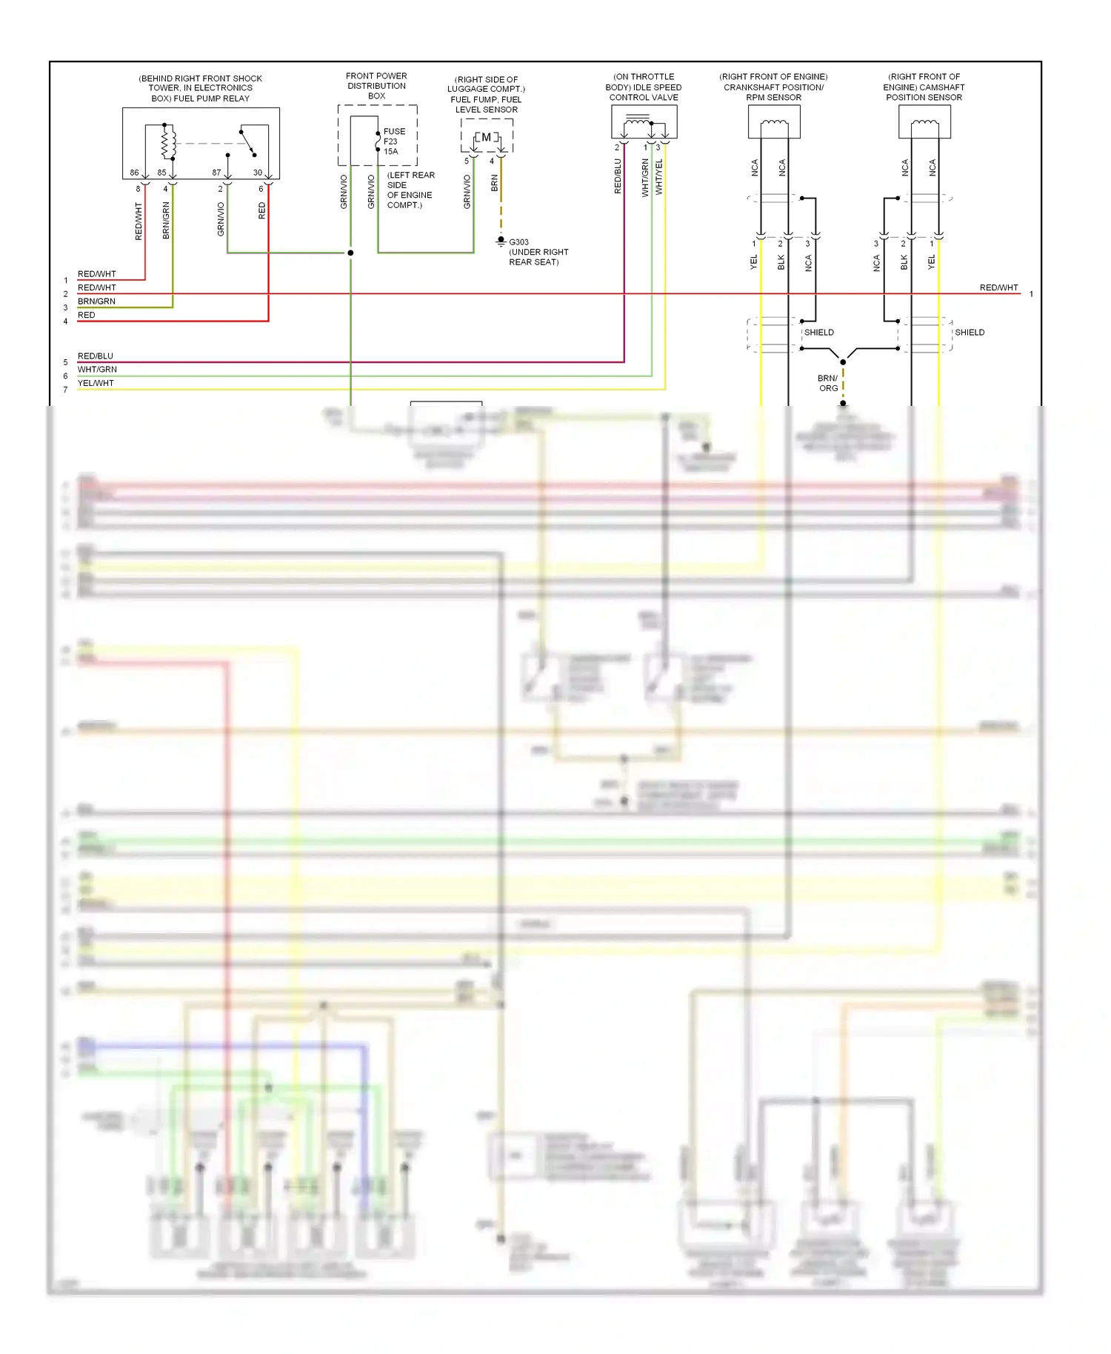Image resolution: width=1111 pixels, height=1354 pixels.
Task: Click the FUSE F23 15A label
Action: tap(393, 141)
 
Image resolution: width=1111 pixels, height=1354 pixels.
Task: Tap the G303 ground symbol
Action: tap(501, 241)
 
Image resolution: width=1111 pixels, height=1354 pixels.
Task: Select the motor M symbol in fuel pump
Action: tap(486, 137)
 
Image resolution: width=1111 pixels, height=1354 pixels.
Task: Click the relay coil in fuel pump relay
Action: tap(169, 142)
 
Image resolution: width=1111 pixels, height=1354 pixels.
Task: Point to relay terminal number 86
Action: tap(134, 173)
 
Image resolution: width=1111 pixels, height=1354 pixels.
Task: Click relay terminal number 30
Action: tap(257, 173)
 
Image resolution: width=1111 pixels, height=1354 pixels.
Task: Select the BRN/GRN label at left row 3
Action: tap(96, 301)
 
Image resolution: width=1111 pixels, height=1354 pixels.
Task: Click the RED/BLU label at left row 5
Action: tap(96, 356)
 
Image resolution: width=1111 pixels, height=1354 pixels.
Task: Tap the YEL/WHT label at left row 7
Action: tap(96, 384)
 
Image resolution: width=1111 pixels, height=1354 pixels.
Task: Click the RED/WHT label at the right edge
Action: tap(998, 287)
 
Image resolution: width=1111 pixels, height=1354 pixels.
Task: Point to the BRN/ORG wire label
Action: tap(828, 383)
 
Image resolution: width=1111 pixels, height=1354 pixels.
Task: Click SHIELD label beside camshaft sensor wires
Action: tap(970, 333)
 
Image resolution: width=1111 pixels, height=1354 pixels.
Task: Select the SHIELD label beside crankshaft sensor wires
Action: tap(819, 333)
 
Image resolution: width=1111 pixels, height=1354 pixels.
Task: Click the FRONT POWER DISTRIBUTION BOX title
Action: tap(376, 86)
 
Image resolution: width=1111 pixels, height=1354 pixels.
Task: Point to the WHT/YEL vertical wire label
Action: tap(658, 178)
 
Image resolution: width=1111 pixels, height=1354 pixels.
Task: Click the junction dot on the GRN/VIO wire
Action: tap(350, 253)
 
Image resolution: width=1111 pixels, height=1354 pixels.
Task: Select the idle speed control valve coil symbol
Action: tap(638, 121)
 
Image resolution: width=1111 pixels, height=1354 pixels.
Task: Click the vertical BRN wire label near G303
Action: tap(494, 183)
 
